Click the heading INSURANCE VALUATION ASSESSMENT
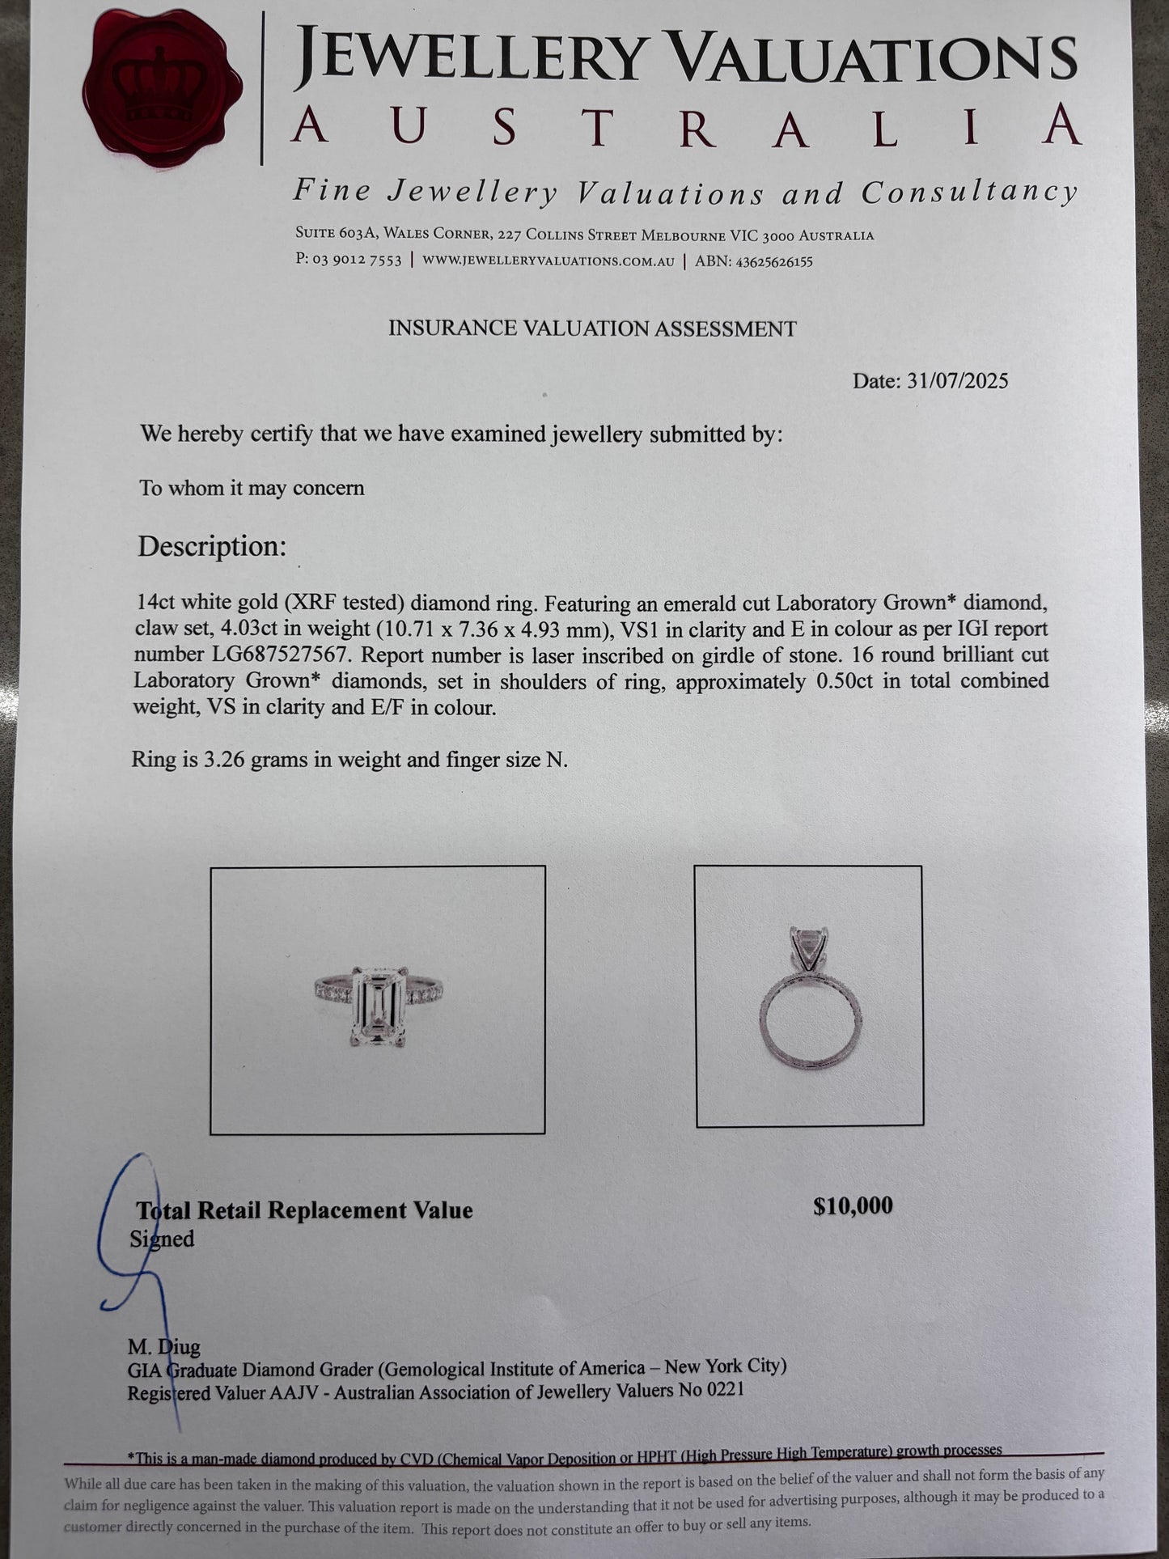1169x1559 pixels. point(592,328)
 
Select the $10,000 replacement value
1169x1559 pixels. point(853,1206)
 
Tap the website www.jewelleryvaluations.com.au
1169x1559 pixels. point(548,261)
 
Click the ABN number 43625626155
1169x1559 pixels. point(769,261)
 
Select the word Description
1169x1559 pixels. point(212,547)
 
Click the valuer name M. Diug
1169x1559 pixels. point(164,1347)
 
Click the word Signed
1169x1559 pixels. point(162,1239)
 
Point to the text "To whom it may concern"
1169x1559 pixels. point(252,489)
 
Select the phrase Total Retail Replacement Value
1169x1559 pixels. point(304,1211)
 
